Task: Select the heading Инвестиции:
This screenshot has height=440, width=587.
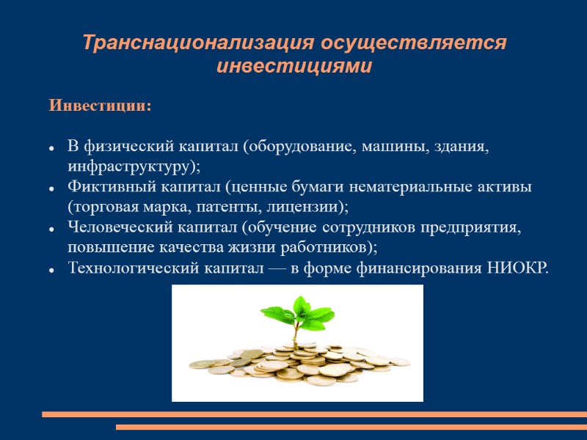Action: click(x=101, y=106)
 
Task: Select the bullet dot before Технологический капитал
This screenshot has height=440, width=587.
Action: click(x=53, y=271)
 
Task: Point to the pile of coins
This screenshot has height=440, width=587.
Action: click(x=297, y=363)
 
